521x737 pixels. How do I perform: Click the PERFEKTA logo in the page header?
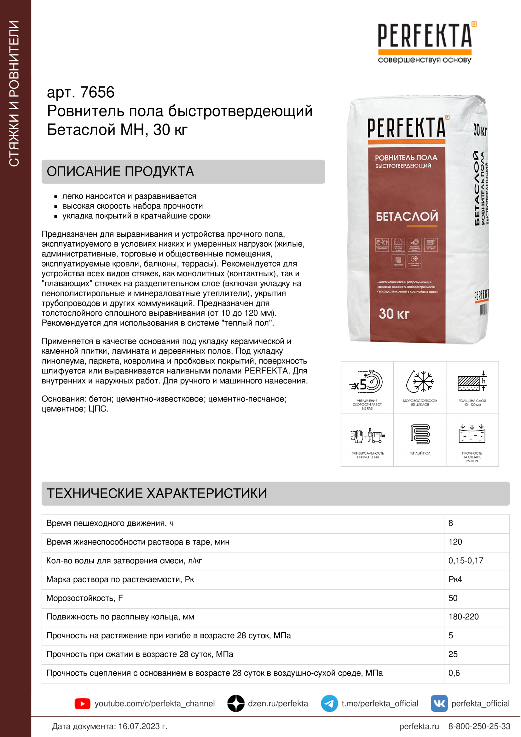pyautogui.click(x=425, y=36)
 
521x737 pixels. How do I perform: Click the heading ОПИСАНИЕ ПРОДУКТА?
pyautogui.click(x=120, y=171)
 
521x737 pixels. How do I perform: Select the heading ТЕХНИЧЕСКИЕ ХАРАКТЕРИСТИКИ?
pyautogui.click(x=157, y=493)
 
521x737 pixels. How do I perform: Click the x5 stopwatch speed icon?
pyautogui.click(x=367, y=382)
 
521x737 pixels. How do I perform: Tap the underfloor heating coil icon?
pyautogui.click(x=420, y=435)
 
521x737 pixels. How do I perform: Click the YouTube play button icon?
pyautogui.click(x=83, y=704)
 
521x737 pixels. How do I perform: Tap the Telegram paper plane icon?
pyautogui.click(x=329, y=704)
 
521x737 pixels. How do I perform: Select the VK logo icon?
pyautogui.click(x=439, y=704)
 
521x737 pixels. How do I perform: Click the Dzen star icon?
pyautogui.click(x=236, y=704)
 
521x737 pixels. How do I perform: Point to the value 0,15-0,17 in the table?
pyautogui.click(x=466, y=561)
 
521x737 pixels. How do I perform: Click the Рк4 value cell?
pyautogui.click(x=455, y=579)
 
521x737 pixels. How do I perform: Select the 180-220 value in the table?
pyautogui.click(x=464, y=617)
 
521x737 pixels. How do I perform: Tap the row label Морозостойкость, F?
pyautogui.click(x=85, y=598)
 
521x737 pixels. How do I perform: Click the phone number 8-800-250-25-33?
pyautogui.click(x=479, y=726)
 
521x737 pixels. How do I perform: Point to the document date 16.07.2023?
pyautogui.click(x=143, y=726)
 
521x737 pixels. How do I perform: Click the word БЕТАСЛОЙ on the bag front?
pyautogui.click(x=407, y=216)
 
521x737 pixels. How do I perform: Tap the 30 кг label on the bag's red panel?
pyautogui.click(x=394, y=314)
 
